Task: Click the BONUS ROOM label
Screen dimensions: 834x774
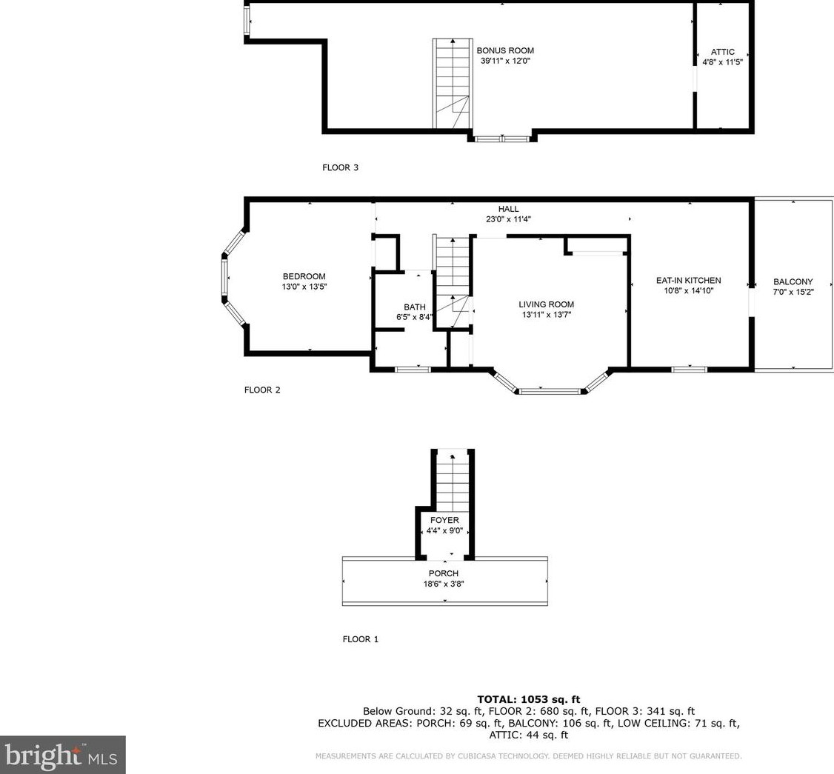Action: click(x=504, y=50)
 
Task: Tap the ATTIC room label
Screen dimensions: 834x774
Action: click(x=722, y=52)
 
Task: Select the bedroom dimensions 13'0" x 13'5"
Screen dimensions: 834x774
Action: click(x=304, y=287)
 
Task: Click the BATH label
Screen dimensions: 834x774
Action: click(x=414, y=307)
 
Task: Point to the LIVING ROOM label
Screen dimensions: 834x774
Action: click(x=547, y=304)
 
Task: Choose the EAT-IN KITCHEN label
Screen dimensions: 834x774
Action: click(x=688, y=280)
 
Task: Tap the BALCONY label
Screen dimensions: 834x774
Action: click(x=793, y=281)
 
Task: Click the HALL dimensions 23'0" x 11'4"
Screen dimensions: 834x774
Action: click(x=509, y=219)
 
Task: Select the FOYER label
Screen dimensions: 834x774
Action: click(x=444, y=520)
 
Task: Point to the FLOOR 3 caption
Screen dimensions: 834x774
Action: click(x=341, y=167)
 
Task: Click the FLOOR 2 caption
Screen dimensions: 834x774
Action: click(x=262, y=390)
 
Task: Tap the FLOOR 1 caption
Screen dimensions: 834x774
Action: click(x=361, y=639)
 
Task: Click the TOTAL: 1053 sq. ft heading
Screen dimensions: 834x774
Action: click(x=529, y=699)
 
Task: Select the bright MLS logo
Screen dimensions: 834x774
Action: click(x=63, y=755)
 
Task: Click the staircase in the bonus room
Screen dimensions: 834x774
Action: click(x=452, y=84)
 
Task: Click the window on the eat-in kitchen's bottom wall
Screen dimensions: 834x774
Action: click(x=690, y=369)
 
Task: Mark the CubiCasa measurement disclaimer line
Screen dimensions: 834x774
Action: click(x=529, y=756)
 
